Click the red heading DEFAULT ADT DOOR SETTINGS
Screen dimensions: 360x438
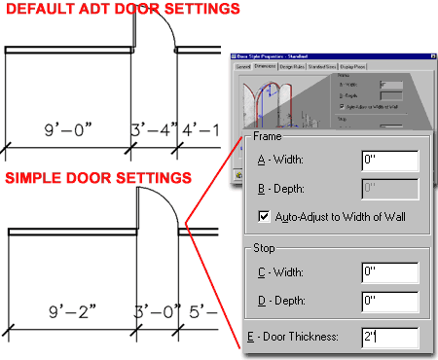point(123,10)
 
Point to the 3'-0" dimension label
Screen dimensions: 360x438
point(154,312)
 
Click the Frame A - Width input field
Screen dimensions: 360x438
point(388,160)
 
